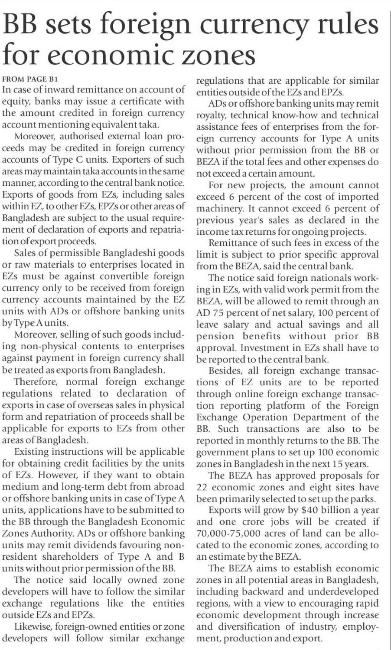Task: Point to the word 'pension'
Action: pyautogui.click(x=213, y=336)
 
